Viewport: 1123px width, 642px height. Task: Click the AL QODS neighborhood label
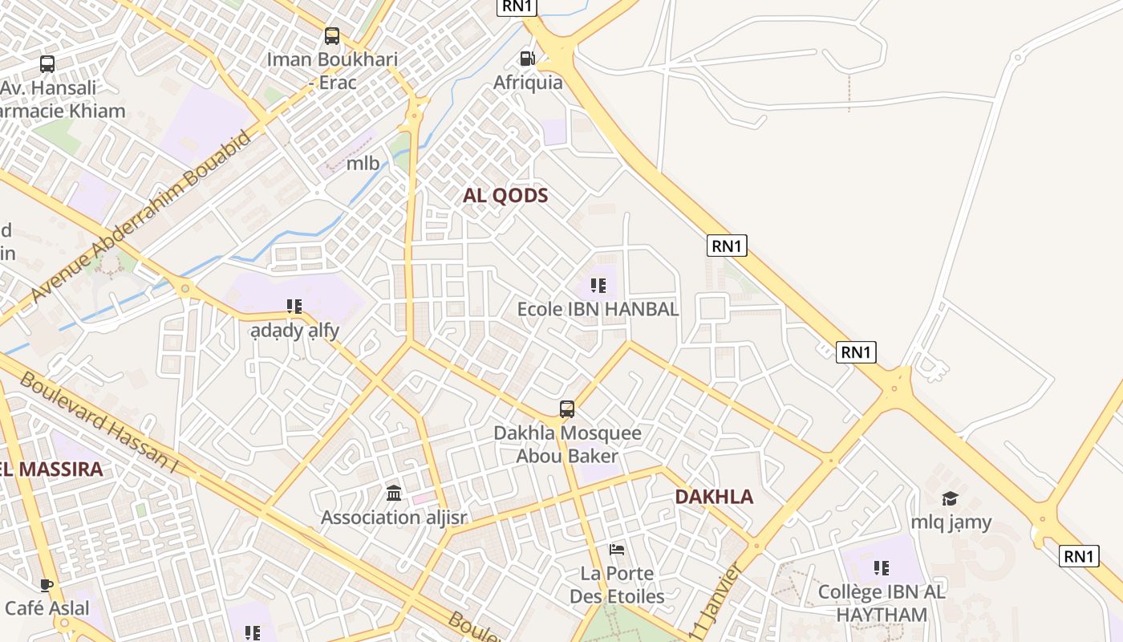click(505, 196)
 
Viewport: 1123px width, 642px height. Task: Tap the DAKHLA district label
click(714, 497)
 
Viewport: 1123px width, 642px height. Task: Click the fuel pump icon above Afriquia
click(527, 59)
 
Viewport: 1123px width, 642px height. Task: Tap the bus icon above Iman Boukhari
click(331, 36)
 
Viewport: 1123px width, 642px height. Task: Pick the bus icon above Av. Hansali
click(47, 64)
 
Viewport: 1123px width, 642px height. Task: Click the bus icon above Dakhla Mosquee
click(567, 409)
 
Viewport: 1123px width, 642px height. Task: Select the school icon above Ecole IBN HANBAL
click(598, 286)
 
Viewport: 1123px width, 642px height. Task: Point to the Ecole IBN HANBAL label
click(598, 309)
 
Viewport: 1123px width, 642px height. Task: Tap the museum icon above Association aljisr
click(394, 493)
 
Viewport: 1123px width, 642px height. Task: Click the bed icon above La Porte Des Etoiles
click(617, 550)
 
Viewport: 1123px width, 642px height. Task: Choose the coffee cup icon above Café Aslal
click(47, 585)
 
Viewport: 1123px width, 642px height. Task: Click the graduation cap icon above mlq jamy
click(951, 498)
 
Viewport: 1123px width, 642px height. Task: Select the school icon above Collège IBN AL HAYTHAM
click(882, 568)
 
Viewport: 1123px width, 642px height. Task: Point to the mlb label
click(363, 164)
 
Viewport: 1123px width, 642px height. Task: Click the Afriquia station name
click(528, 83)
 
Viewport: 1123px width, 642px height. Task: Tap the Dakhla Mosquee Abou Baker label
click(567, 445)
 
